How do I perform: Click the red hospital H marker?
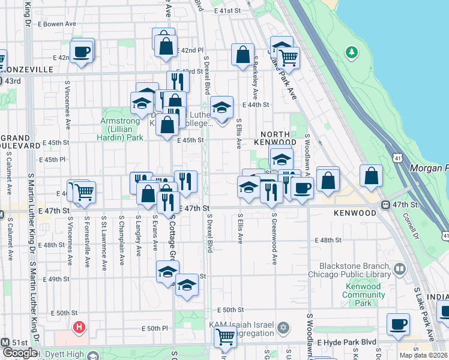79,328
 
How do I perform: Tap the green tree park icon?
351,52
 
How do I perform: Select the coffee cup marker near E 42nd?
82,51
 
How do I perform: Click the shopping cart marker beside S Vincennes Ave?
84,192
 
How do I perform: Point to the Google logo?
19,353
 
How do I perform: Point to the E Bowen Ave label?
58,24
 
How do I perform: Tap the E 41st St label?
226,11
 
